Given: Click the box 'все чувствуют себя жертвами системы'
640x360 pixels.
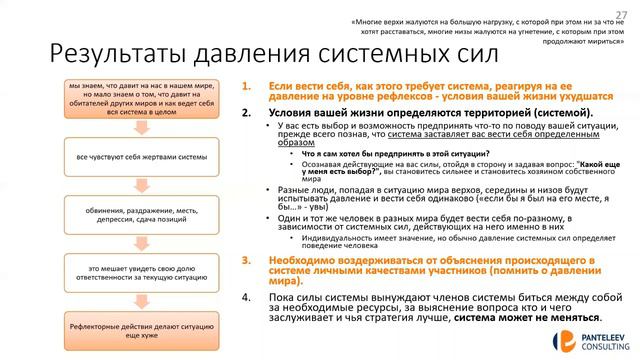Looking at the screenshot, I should coord(130,157).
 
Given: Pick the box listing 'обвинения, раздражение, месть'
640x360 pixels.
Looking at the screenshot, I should coord(130,212).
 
